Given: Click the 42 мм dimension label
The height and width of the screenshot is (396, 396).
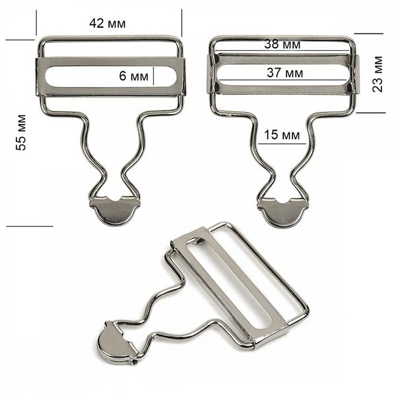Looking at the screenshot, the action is (x=108, y=23).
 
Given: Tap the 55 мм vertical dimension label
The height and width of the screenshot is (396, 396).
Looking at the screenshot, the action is (x=21, y=133).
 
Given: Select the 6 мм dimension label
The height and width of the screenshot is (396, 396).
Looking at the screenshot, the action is (x=133, y=75).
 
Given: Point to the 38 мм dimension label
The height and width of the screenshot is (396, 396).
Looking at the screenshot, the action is (x=282, y=44).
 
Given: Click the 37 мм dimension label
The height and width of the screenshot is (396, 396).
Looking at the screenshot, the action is (x=285, y=73).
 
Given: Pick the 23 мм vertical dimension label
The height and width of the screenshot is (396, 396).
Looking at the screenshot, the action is (x=378, y=74).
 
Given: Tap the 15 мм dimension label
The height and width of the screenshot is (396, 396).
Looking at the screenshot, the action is (x=282, y=135).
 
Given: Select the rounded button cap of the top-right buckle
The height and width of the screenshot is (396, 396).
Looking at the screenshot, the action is (x=283, y=213).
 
